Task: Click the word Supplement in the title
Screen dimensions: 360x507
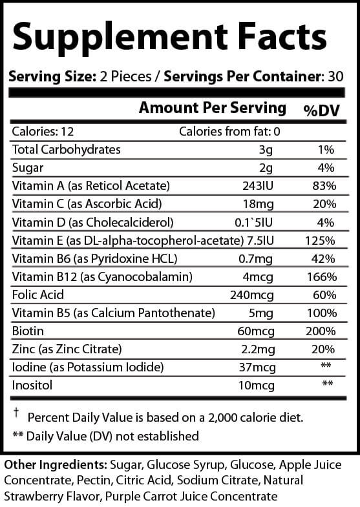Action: pos(120,38)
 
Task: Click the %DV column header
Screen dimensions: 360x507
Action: pos(321,110)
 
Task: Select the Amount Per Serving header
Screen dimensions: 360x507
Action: pos(213,108)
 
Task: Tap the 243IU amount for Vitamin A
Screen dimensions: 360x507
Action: pos(258,185)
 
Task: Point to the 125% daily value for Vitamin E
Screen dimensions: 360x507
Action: pos(320,240)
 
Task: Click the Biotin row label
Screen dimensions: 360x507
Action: pos(28,331)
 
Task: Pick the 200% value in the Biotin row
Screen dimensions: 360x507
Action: pos(321,331)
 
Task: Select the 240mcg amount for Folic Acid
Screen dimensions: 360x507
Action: pos(252,295)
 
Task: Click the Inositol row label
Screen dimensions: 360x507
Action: pos(32,385)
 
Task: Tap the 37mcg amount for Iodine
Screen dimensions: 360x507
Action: pos(257,367)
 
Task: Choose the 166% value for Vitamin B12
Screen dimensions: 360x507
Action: pos(321,277)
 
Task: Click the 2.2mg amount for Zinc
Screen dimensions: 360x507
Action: pos(258,349)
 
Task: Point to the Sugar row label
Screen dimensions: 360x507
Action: pos(28,168)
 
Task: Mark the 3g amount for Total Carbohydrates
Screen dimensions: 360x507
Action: pos(266,150)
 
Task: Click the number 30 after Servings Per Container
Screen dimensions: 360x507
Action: pos(335,77)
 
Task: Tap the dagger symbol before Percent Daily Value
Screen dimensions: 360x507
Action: pos(16,412)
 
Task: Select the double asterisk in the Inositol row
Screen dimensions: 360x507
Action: pos(327,384)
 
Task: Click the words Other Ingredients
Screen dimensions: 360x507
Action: pos(56,464)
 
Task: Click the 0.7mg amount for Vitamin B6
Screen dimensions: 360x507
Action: pos(255,259)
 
